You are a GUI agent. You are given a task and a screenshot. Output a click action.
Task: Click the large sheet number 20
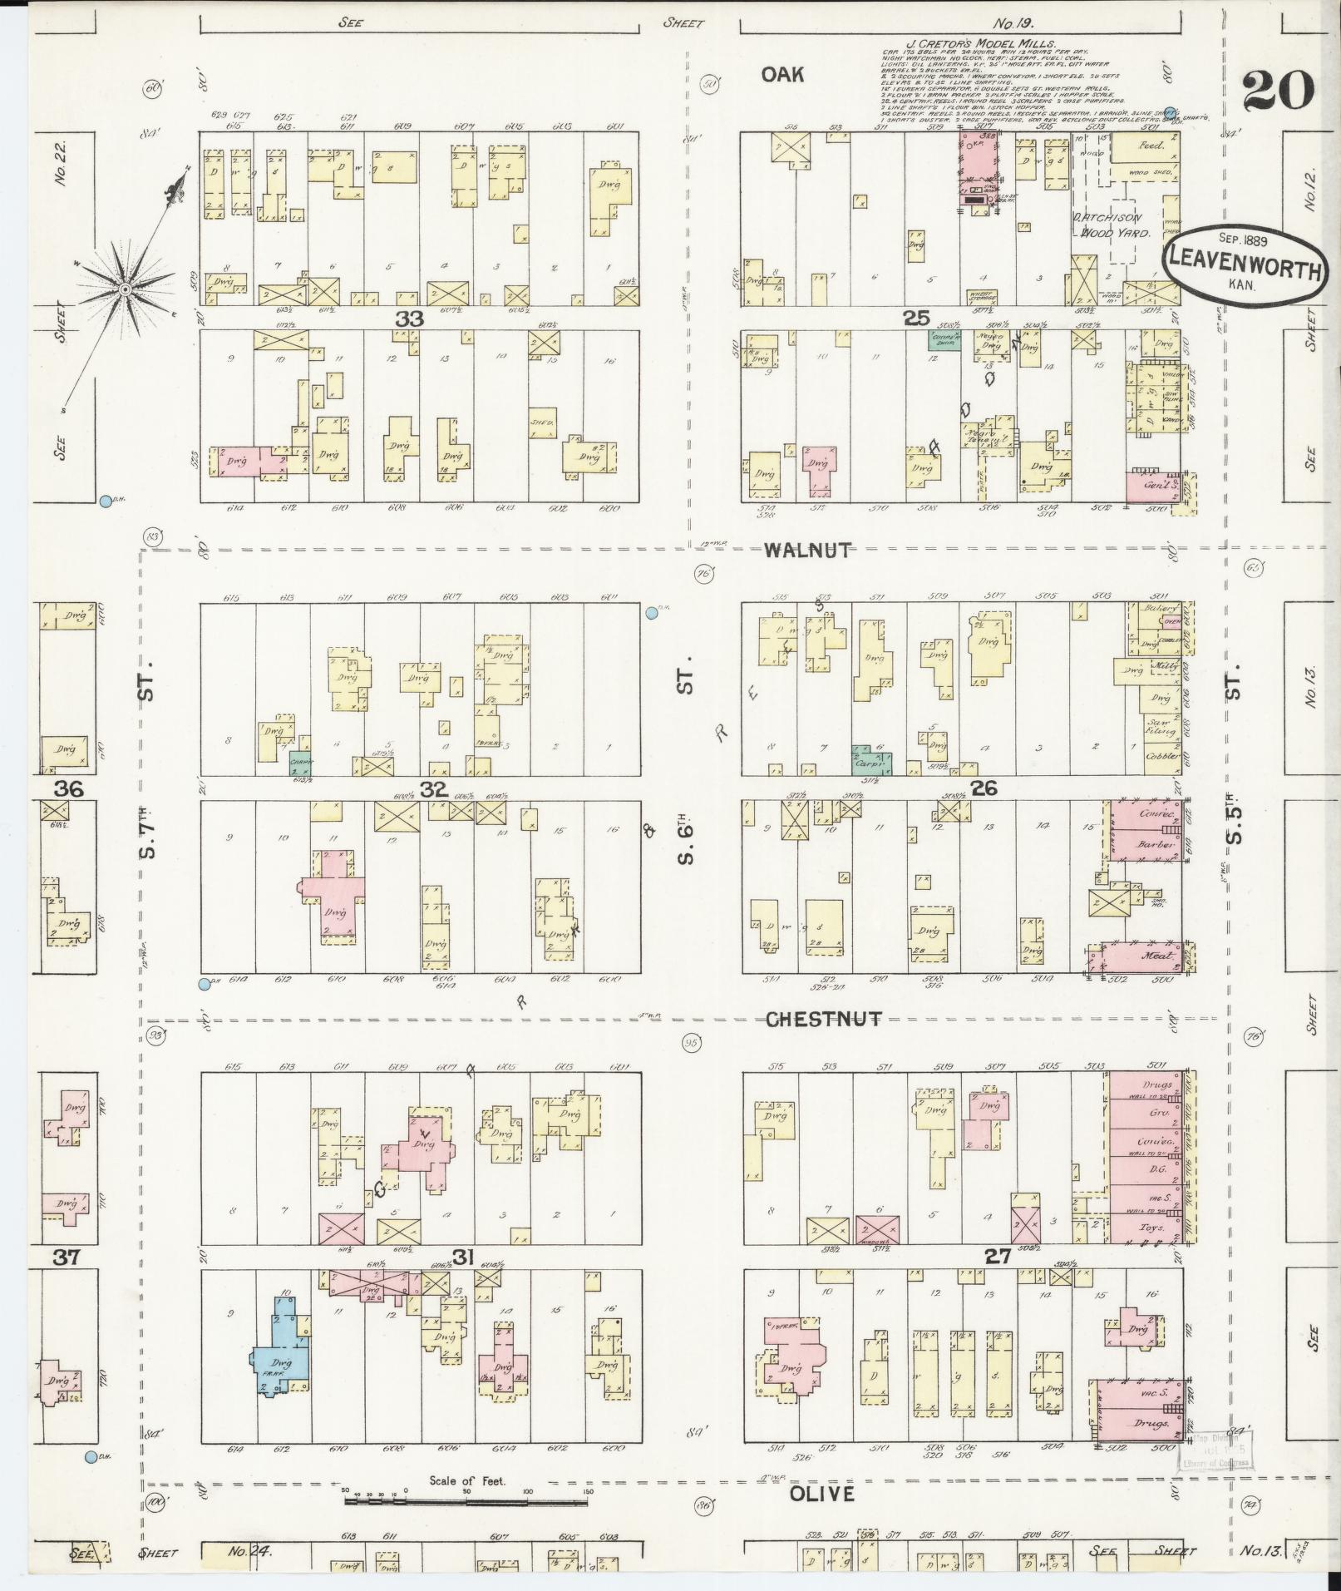point(1279,90)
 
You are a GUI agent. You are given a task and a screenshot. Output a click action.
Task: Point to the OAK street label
point(782,75)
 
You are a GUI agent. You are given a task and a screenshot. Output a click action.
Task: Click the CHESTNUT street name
point(823,1019)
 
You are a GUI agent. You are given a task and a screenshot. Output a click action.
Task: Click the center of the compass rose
point(125,289)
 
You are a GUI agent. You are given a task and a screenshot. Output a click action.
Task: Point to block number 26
point(984,788)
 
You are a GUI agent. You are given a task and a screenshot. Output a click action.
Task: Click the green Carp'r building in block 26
point(872,758)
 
